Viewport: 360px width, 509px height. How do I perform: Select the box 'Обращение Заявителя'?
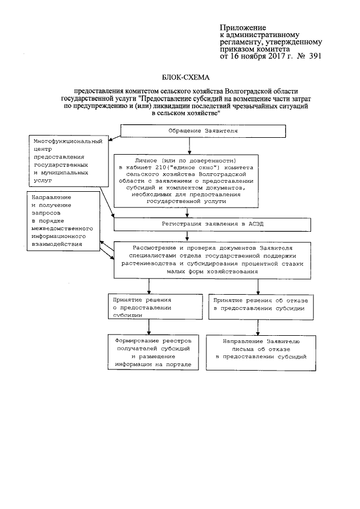[x=188, y=131]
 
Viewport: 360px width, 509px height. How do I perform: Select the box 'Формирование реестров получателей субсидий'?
[x=150, y=353]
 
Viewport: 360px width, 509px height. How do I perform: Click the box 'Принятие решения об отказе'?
[x=259, y=304]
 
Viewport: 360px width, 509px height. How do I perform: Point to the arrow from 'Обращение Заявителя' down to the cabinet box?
[x=188, y=146]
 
